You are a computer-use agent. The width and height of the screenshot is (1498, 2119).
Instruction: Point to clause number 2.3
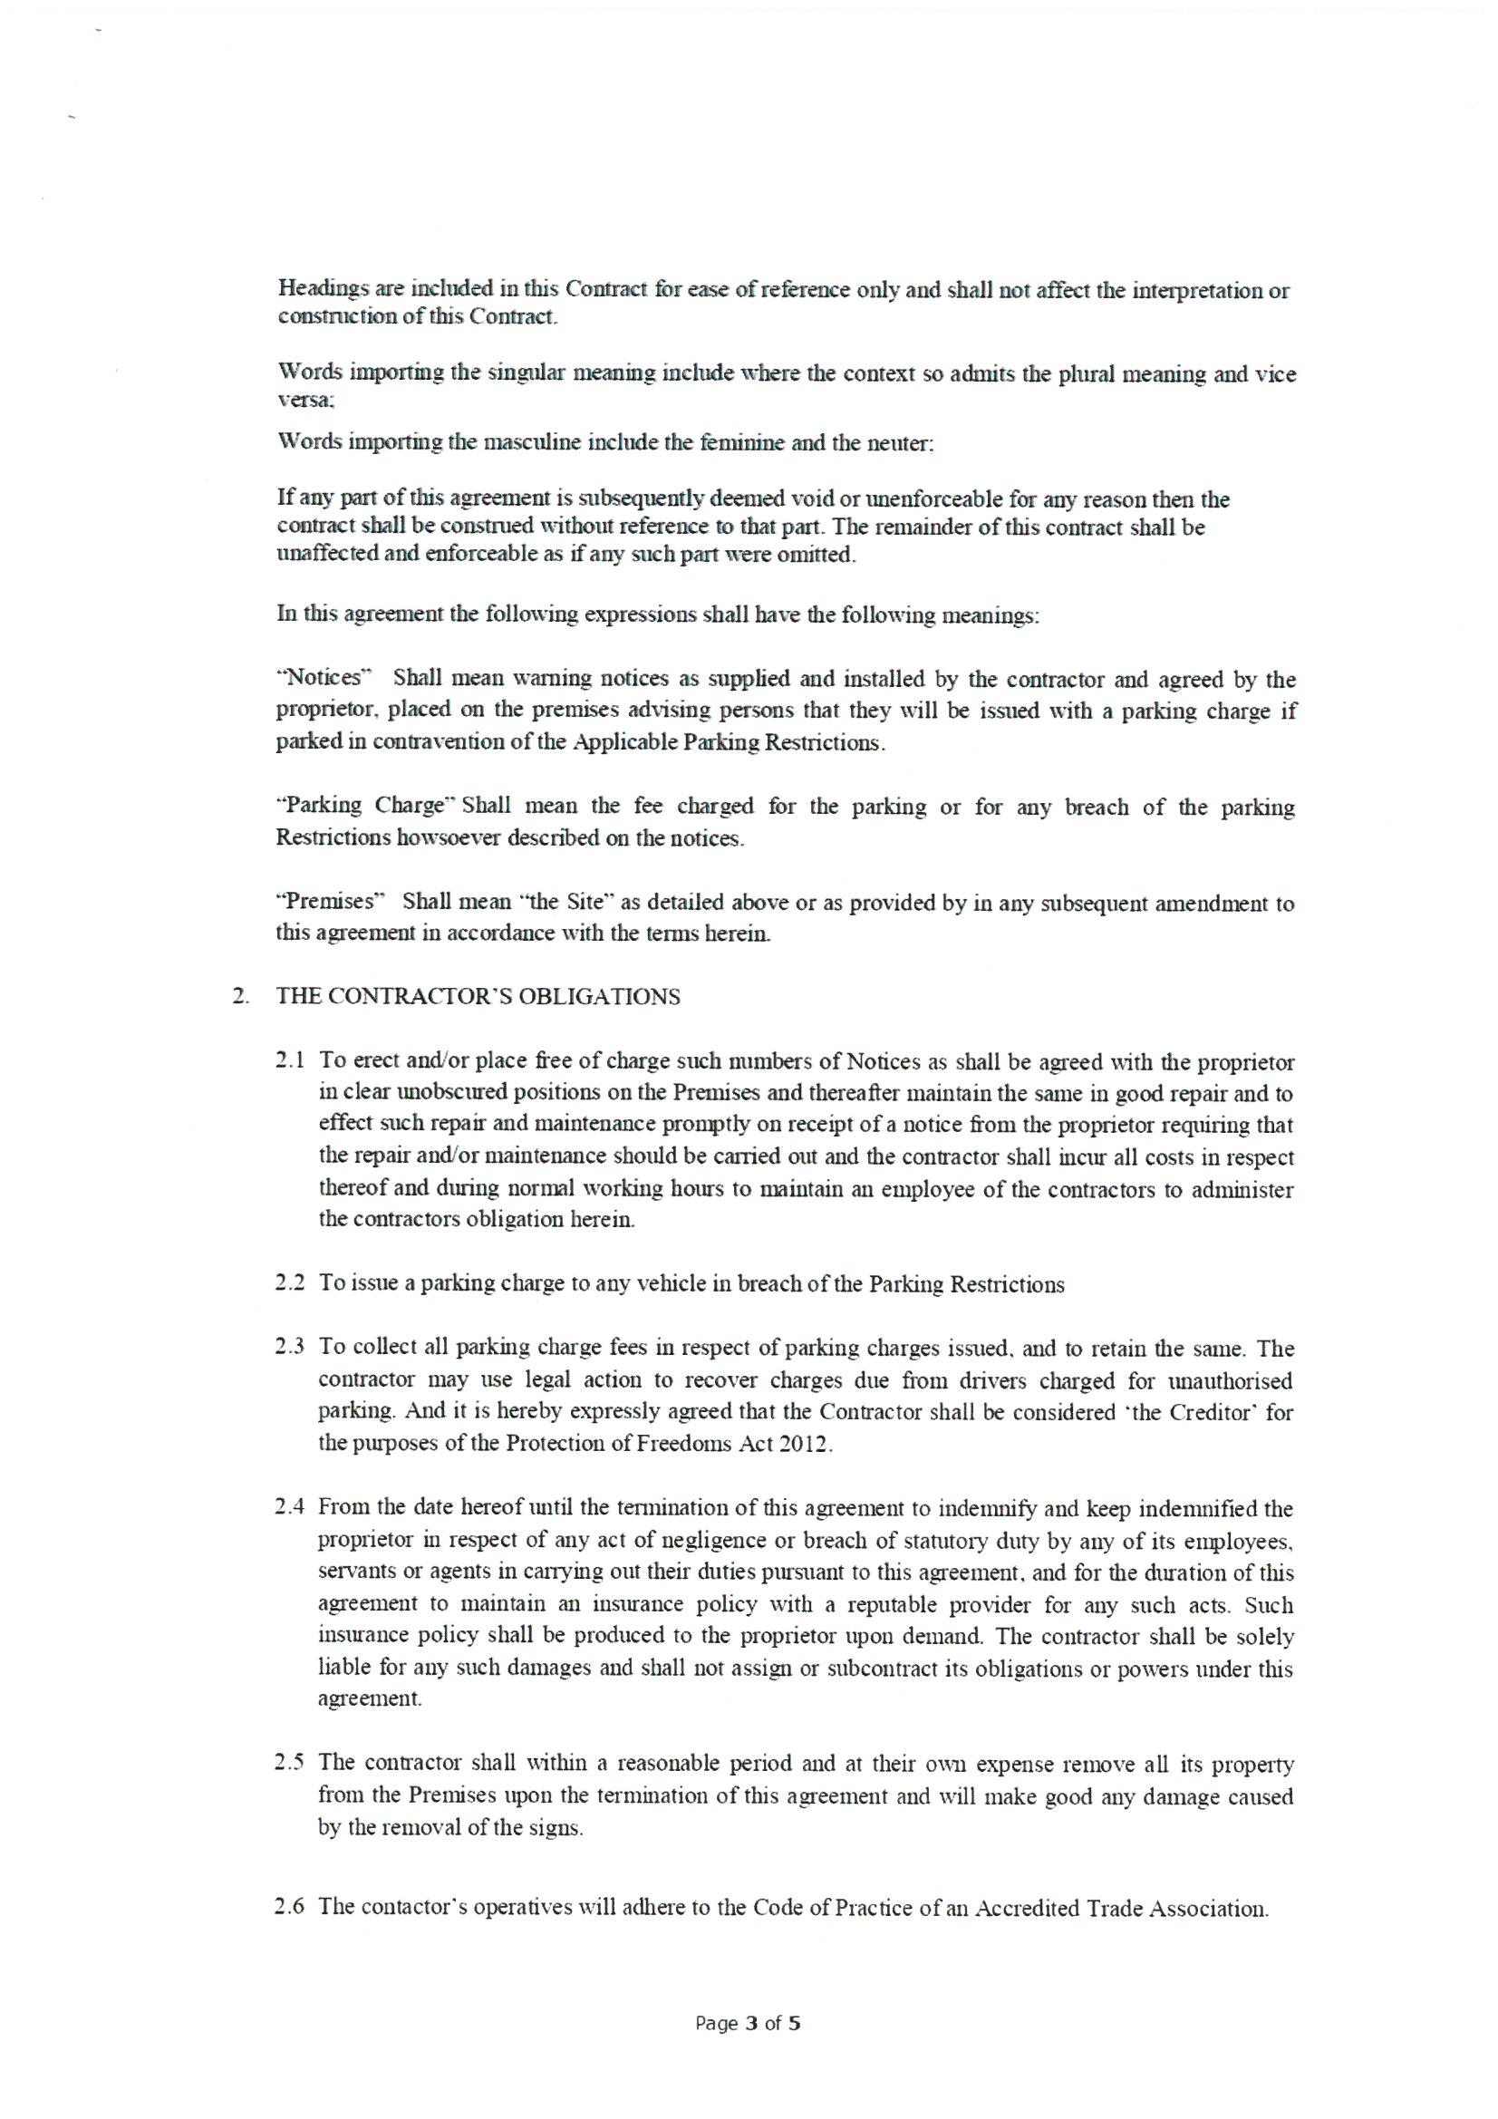tap(292, 1349)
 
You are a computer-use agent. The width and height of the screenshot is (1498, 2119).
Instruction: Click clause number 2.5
tap(292, 1764)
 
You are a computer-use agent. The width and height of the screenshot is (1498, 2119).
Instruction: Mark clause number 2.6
tap(292, 1908)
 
